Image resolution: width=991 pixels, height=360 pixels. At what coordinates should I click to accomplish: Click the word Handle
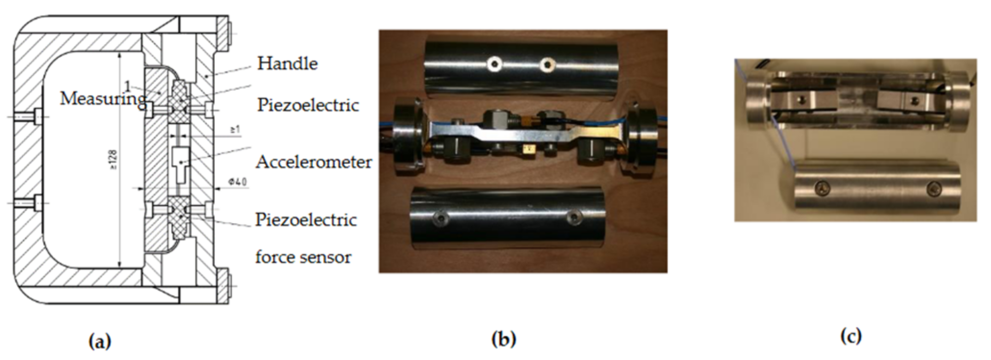(287, 63)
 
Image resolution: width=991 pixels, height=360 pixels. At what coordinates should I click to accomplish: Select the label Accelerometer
(314, 162)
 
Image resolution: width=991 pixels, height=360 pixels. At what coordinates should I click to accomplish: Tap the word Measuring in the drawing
(102, 99)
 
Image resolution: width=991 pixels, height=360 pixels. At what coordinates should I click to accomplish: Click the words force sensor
(303, 257)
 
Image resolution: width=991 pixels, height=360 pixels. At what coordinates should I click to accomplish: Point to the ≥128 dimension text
(114, 160)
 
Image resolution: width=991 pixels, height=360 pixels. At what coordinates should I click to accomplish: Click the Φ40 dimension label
(238, 182)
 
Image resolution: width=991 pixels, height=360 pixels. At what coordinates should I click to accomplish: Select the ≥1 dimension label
(235, 130)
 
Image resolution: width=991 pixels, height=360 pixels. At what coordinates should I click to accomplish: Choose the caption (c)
(851, 336)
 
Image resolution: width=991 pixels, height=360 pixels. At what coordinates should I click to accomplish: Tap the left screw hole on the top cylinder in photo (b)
(494, 63)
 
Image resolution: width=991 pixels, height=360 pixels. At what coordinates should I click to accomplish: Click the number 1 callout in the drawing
(127, 86)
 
